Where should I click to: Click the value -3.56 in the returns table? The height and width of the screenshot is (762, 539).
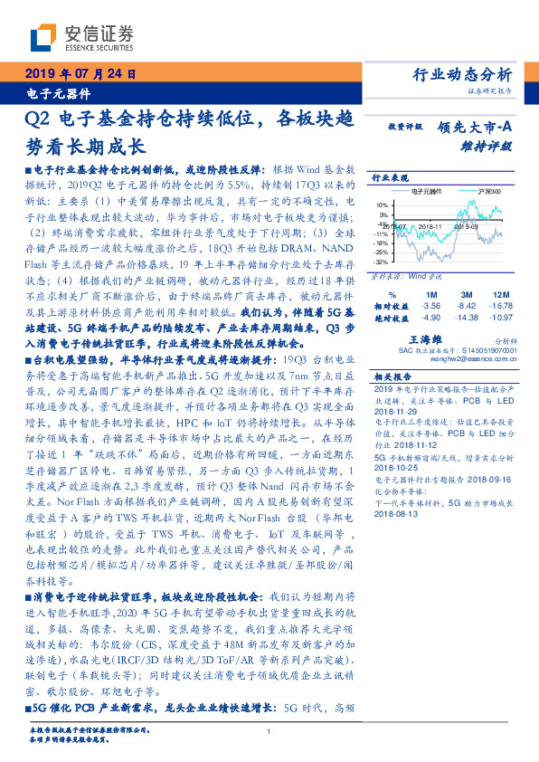point(430,306)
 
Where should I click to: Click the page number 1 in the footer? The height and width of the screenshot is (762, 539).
point(269,731)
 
